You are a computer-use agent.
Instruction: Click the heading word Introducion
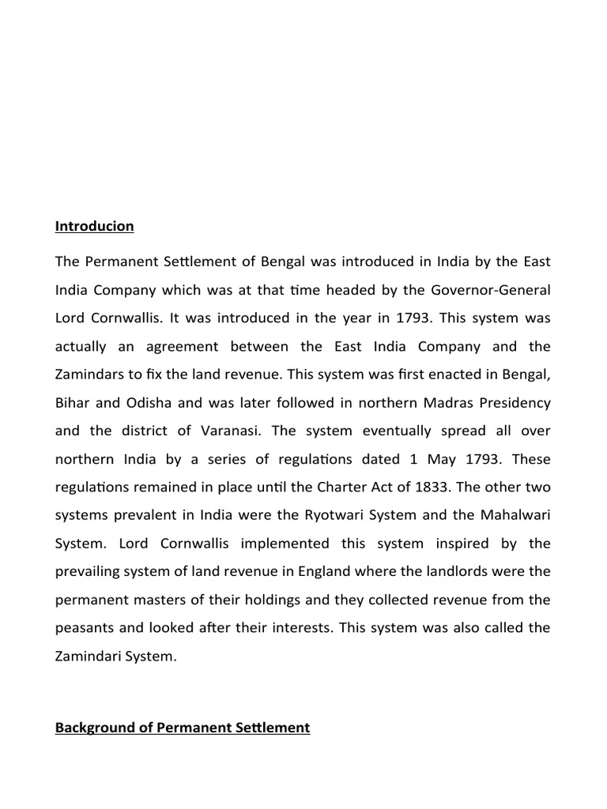click(x=94, y=227)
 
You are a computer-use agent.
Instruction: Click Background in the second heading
click(x=96, y=727)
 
